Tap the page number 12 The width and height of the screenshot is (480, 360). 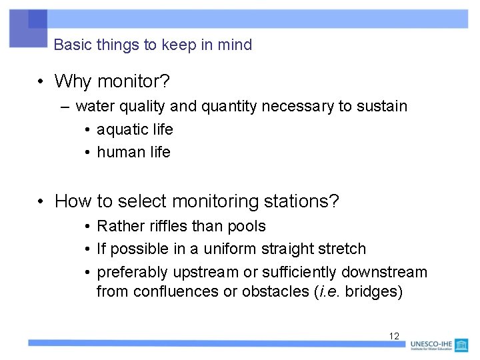click(x=394, y=336)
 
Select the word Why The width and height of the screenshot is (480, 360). click(x=74, y=81)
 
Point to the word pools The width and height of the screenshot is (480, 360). click(x=246, y=226)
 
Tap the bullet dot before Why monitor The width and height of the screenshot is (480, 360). click(x=41, y=82)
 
